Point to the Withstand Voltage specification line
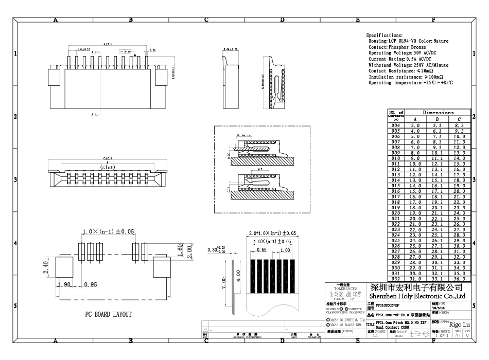tap(408, 65)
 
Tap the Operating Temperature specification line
tap(410, 83)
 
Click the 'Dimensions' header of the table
tap(438, 112)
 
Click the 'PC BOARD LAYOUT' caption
tap(108, 314)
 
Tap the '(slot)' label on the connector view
tap(108, 167)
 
